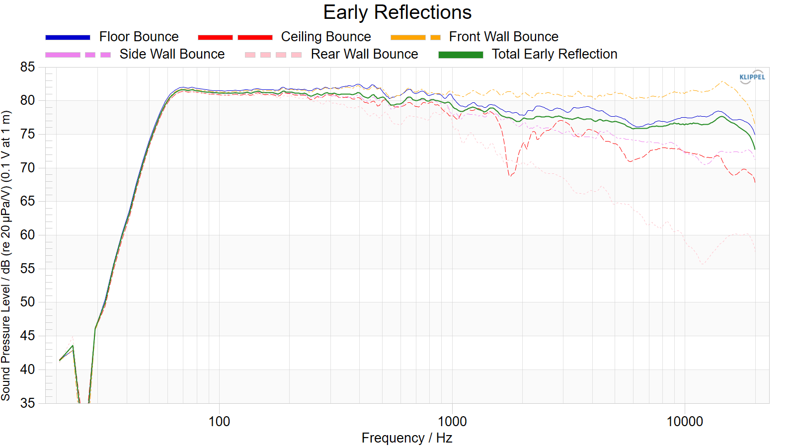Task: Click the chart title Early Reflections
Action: tap(397, 12)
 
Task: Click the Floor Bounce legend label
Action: tap(139, 37)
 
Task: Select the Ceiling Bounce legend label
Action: tap(326, 37)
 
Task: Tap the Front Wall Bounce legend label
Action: tap(504, 37)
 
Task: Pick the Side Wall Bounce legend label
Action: tap(172, 54)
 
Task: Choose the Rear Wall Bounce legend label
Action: tap(365, 54)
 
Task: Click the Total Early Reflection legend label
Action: tap(555, 54)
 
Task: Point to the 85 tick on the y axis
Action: tap(27, 67)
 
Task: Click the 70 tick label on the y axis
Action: tap(27, 167)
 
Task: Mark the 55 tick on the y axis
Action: tap(27, 269)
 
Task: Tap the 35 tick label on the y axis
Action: tap(27, 403)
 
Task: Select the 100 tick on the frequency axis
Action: tap(219, 422)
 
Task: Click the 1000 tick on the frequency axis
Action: tap(452, 422)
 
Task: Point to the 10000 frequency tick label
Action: tap(685, 422)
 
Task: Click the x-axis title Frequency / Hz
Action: tap(407, 438)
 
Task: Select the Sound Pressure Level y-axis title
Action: tap(5, 256)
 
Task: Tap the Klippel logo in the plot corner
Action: tap(752, 77)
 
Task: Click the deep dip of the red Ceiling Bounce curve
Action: tap(510, 176)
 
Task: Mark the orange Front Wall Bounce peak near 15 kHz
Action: tap(722, 81)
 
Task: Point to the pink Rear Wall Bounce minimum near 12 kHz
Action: tap(703, 264)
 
